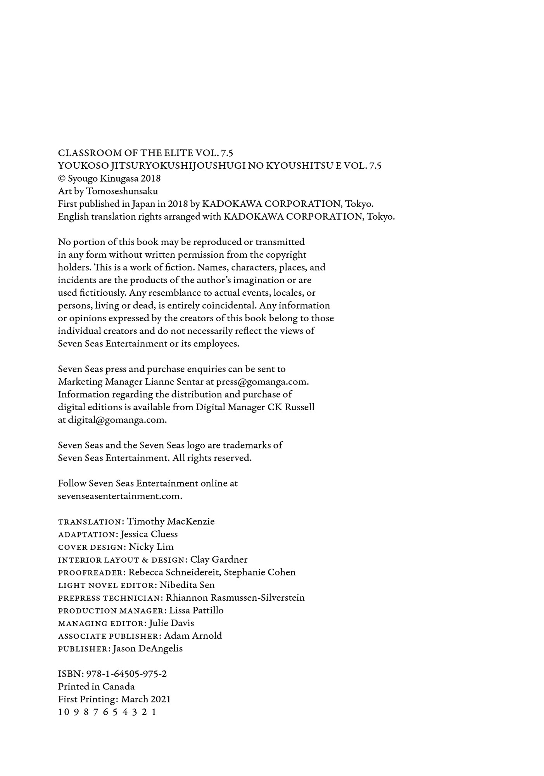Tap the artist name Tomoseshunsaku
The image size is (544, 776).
pyautogui.click(x=122, y=191)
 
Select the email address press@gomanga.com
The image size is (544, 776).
pyautogui.click(x=262, y=382)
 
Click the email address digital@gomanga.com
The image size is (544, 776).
pyautogui.click(x=117, y=420)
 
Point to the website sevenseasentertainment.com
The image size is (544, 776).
pyautogui.click(x=120, y=496)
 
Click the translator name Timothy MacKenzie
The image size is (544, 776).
pyautogui.click(x=171, y=521)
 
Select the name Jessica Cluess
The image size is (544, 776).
pyautogui.click(x=149, y=534)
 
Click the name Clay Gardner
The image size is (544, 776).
pyautogui.click(x=219, y=559)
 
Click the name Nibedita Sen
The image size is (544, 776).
pyautogui.click(x=187, y=585)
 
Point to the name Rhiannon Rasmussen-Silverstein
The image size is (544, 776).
pyautogui.click(x=235, y=598)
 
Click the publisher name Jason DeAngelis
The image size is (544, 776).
pyautogui.click(x=147, y=649)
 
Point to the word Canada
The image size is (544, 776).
pyautogui.click(x=118, y=687)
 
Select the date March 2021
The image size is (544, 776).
pyautogui.click(x=146, y=700)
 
